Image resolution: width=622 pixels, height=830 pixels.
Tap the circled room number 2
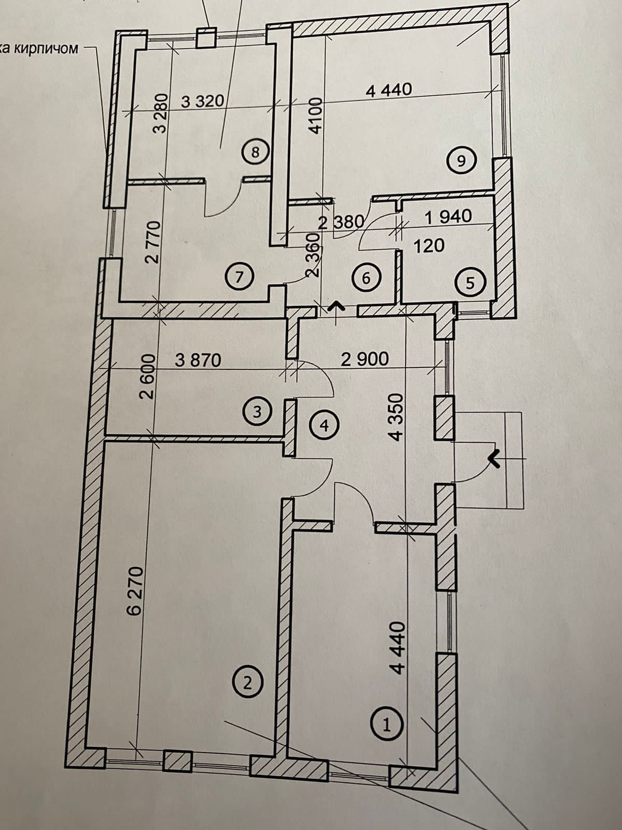tap(247, 682)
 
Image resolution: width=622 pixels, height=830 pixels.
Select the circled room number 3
tap(258, 412)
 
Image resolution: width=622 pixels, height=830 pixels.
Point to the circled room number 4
tap(324, 425)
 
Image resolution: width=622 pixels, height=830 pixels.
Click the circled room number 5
tap(470, 283)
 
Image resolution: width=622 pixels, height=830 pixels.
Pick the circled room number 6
tap(366, 278)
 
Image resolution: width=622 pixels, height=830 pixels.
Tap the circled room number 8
tap(254, 153)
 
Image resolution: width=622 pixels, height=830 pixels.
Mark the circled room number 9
tap(461, 161)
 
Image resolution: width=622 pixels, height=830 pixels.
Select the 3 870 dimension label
tap(198, 359)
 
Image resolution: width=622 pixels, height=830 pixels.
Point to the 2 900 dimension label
tap(364, 358)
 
